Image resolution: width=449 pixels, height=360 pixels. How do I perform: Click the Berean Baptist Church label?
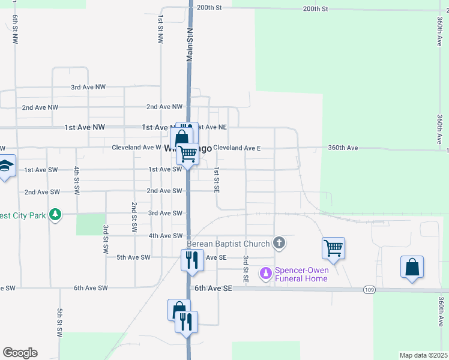(228, 243)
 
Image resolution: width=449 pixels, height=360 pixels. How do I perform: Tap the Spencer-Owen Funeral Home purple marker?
(265, 274)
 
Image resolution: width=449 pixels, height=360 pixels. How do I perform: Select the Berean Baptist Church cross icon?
(279, 243)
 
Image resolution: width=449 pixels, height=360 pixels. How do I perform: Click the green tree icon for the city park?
(55, 214)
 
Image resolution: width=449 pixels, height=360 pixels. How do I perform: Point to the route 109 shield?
(370, 290)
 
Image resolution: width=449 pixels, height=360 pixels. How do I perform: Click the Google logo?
(20, 353)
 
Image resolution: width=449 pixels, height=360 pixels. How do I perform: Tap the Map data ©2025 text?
(423, 355)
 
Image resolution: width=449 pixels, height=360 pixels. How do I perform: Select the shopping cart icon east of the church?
(333, 248)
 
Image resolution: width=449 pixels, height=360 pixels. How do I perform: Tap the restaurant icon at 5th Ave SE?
(191, 260)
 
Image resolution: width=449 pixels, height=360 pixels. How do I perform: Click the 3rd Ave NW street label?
(88, 87)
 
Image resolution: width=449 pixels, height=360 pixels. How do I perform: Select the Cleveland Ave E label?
(237, 148)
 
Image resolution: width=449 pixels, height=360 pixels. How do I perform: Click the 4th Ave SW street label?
(165, 236)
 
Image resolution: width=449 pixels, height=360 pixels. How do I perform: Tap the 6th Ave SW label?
(91, 288)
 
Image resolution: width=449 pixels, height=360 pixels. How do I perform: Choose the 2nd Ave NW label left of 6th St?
(40, 107)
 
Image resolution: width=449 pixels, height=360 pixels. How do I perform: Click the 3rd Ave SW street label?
(165, 214)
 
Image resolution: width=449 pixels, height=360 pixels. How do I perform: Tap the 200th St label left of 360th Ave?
(316, 9)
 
